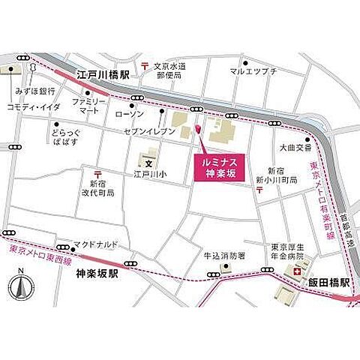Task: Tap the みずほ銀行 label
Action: pyautogui.click(x=34, y=91)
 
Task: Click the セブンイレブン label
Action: pyautogui.click(x=156, y=131)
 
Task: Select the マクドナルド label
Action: pyautogui.click(x=95, y=244)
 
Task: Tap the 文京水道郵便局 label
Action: pyautogui.click(x=173, y=70)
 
